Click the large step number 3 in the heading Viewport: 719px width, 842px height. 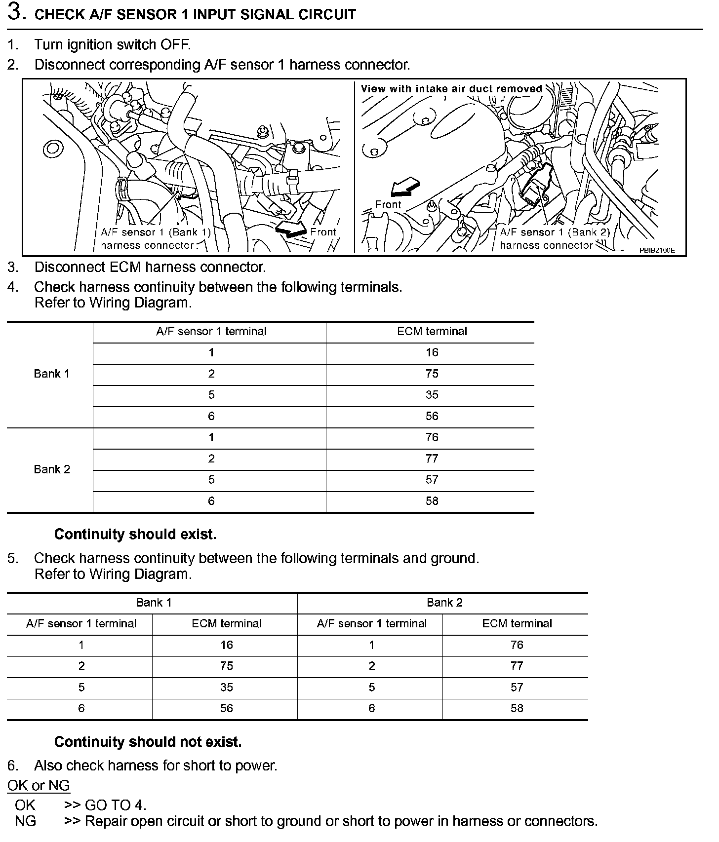(x=16, y=12)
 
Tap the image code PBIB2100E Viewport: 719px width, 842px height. (x=656, y=250)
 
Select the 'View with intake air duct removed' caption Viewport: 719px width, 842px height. (x=451, y=89)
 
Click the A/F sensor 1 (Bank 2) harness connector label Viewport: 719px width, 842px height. (x=554, y=238)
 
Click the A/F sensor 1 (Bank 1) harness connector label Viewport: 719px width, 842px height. (x=155, y=238)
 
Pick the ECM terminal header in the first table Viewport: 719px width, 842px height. (x=432, y=331)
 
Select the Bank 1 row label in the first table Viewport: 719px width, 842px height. (x=51, y=374)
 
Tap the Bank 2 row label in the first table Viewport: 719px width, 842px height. (x=51, y=469)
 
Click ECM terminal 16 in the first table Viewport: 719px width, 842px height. (x=432, y=352)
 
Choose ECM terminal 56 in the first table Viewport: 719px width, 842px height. (x=432, y=416)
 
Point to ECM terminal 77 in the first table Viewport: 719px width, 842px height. (x=432, y=459)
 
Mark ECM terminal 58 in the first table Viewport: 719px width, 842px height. (x=432, y=501)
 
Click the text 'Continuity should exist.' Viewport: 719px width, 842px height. (x=135, y=534)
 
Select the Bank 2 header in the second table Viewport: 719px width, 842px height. (x=444, y=602)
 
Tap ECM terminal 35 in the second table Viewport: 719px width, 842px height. (x=226, y=687)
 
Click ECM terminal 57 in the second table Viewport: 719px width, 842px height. (x=517, y=687)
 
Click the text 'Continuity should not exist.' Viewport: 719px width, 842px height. (x=148, y=742)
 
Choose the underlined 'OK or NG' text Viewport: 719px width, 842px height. (x=39, y=785)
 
